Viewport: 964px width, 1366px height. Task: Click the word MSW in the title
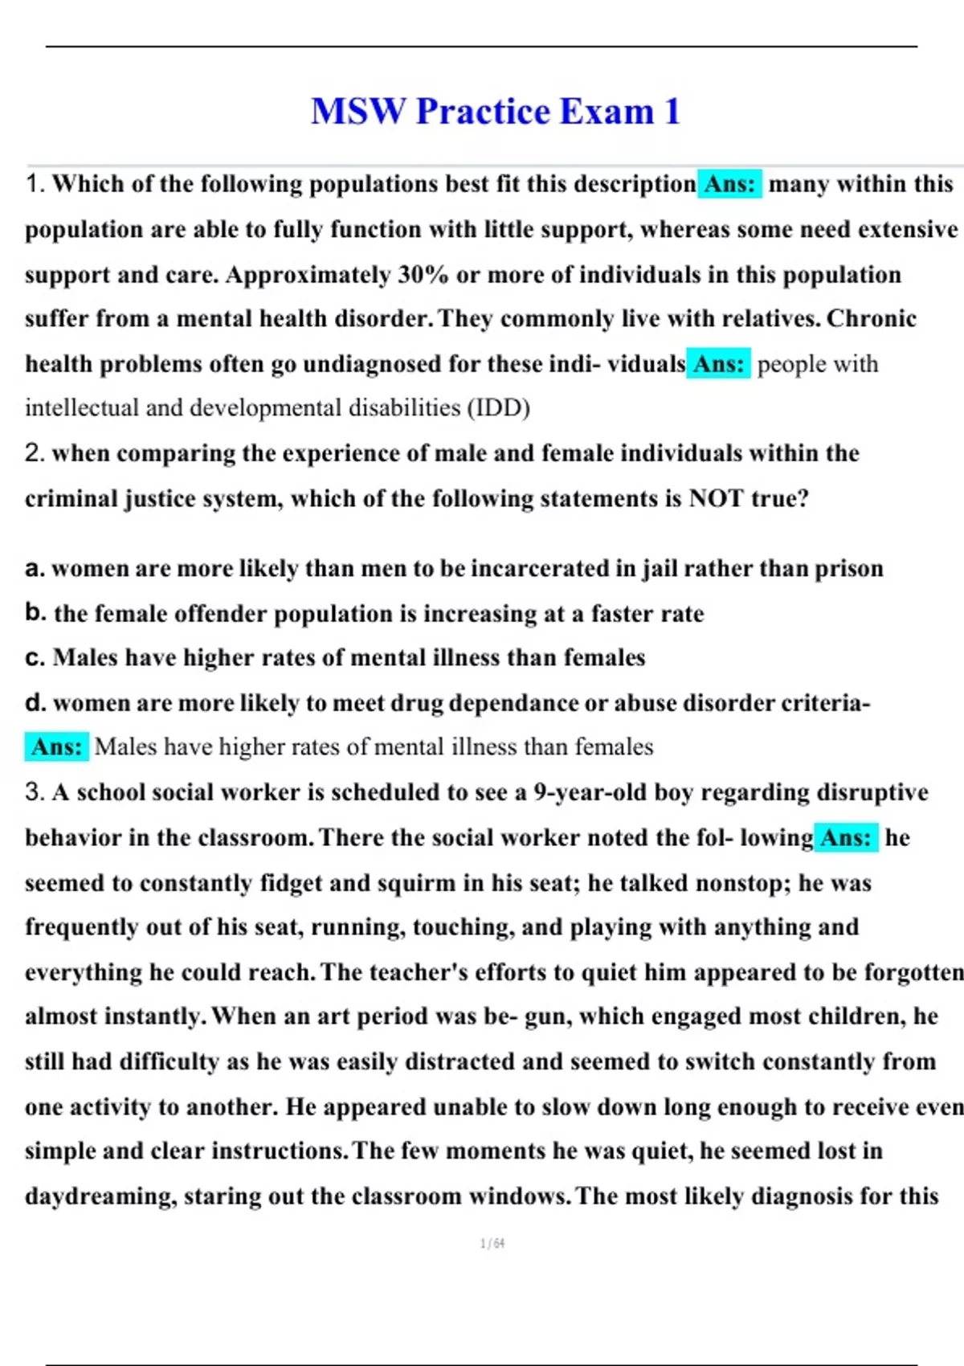click(358, 111)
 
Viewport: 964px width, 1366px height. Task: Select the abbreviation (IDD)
click(498, 408)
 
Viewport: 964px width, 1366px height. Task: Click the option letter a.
click(34, 569)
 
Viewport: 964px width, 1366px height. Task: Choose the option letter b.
click(35, 613)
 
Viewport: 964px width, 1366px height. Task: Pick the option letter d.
click(35, 703)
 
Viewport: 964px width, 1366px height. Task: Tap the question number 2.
click(35, 453)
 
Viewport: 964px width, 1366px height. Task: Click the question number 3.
click(35, 792)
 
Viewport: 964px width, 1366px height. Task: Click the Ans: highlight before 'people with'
click(718, 364)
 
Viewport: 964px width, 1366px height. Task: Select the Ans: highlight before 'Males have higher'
click(56, 747)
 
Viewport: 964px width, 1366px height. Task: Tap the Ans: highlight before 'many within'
click(729, 184)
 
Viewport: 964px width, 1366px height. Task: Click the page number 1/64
click(492, 1244)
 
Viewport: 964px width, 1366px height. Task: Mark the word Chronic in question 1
click(872, 319)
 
